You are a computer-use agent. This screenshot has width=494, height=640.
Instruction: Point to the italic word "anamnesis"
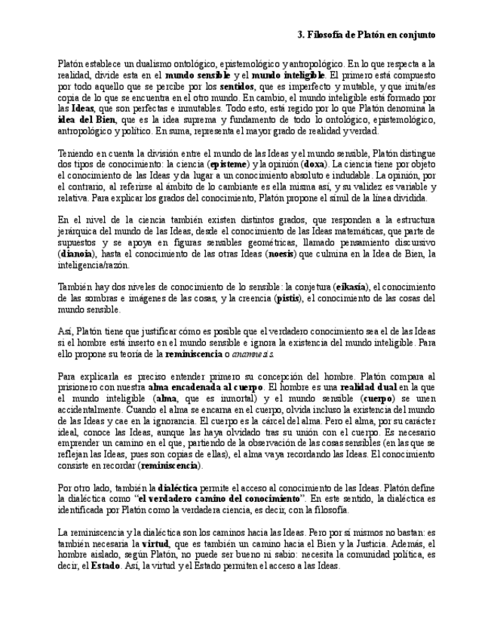(x=253, y=354)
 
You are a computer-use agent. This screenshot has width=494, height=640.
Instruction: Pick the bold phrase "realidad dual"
(x=369, y=386)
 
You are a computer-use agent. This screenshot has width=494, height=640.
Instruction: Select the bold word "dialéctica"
(x=178, y=488)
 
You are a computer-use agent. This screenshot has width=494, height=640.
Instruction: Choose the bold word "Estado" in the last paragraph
(x=106, y=565)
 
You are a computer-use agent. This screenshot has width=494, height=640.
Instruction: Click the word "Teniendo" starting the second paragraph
(x=77, y=152)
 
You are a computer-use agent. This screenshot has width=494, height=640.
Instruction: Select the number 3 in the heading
(x=300, y=35)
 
